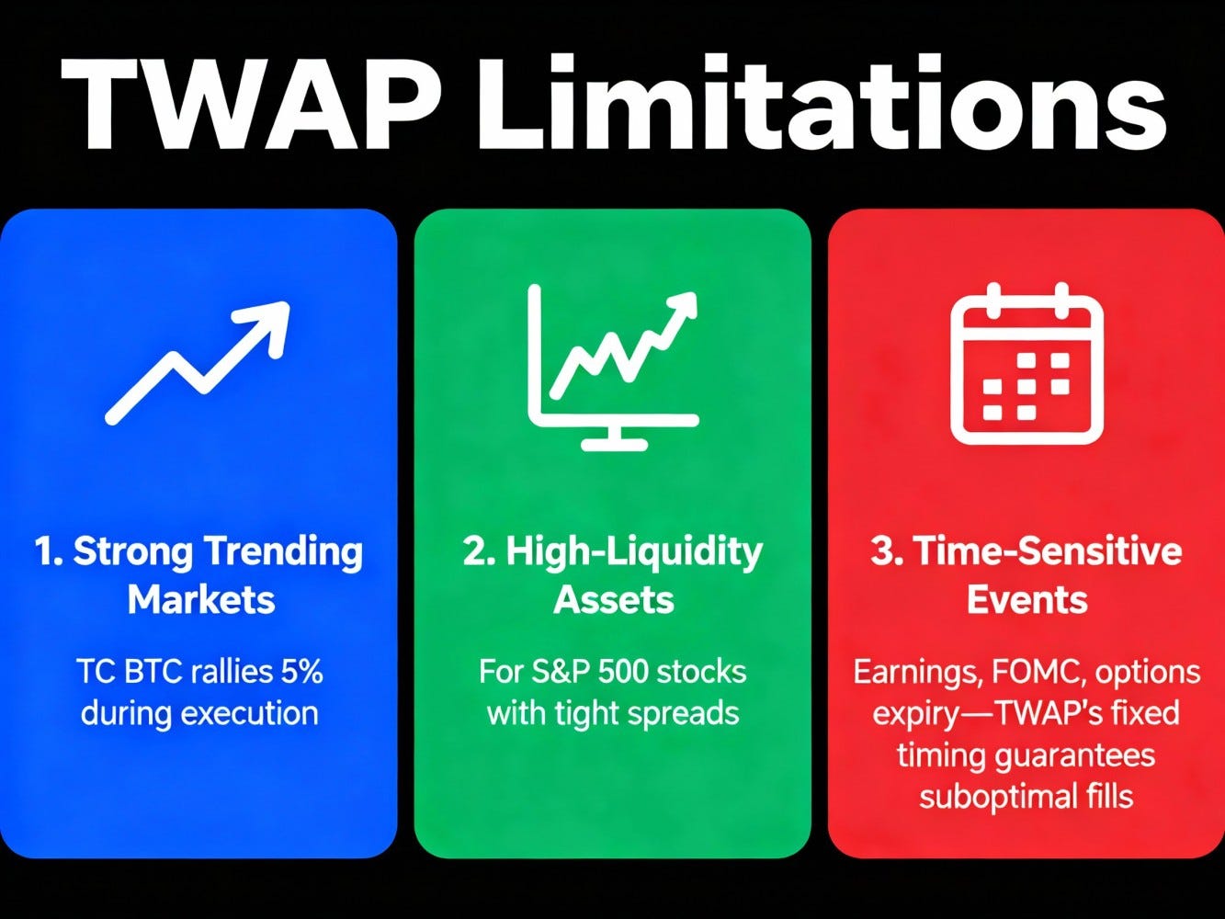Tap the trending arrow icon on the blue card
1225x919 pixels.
click(x=198, y=362)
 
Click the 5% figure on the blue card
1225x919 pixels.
click(x=299, y=672)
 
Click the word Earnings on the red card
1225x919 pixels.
click(x=913, y=672)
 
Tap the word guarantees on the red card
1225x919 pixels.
click(x=1076, y=754)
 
